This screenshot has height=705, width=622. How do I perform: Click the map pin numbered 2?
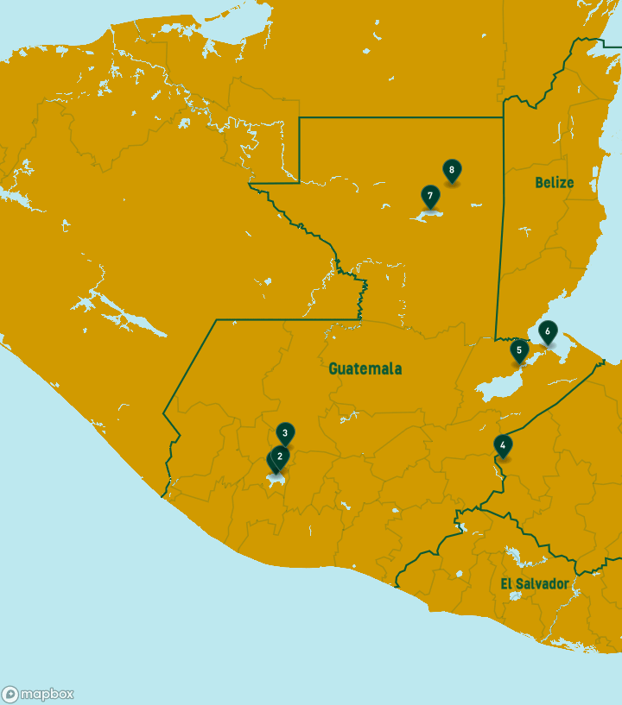279,456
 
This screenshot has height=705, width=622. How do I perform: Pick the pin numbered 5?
518,350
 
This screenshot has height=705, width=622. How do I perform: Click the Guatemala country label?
365,368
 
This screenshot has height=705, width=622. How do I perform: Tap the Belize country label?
554,182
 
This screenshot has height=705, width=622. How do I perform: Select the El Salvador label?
535,584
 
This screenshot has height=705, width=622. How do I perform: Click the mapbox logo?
38,694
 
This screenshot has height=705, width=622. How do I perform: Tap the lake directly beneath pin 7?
428,216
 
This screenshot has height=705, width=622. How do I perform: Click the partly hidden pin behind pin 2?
271,463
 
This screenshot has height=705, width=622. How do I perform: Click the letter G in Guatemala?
333,368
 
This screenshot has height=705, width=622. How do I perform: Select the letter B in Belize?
539,182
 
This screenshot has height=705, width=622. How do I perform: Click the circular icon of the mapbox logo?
10,694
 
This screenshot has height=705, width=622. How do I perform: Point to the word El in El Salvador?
506,584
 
